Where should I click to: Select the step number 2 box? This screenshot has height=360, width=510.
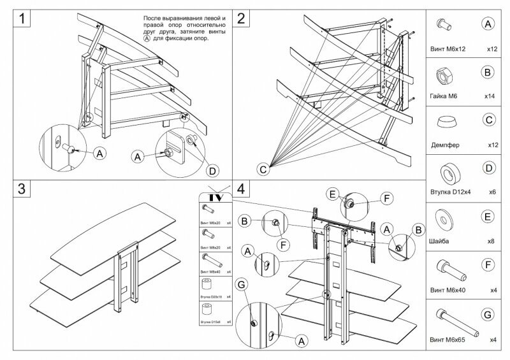(241, 18)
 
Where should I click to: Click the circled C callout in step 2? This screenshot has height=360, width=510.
(263, 169)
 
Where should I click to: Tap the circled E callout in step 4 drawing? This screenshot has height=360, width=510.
(331, 193)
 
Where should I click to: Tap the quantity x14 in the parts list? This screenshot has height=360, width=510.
(490, 96)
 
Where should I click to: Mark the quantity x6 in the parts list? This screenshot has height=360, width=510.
(491, 192)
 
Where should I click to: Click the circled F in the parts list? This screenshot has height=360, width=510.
(488, 265)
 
